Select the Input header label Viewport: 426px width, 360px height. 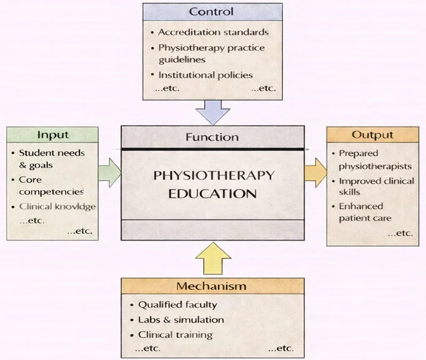(x=52, y=135)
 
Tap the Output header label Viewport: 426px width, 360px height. (x=372, y=135)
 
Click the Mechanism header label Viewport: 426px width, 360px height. (x=211, y=286)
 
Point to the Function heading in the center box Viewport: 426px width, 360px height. (x=212, y=137)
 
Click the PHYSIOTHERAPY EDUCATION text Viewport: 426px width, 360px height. (x=213, y=184)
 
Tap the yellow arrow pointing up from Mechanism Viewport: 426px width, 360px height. (x=212, y=258)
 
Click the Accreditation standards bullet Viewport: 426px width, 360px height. (x=213, y=32)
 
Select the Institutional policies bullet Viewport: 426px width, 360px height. (x=205, y=75)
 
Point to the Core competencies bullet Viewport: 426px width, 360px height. (x=51, y=186)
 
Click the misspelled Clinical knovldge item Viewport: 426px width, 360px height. (x=57, y=206)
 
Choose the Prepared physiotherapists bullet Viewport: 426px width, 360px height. (x=375, y=159)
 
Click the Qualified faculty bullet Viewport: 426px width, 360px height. (x=177, y=305)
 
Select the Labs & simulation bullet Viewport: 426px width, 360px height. (x=181, y=320)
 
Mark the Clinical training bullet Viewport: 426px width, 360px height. (x=175, y=335)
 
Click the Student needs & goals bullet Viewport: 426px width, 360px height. (x=51, y=159)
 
